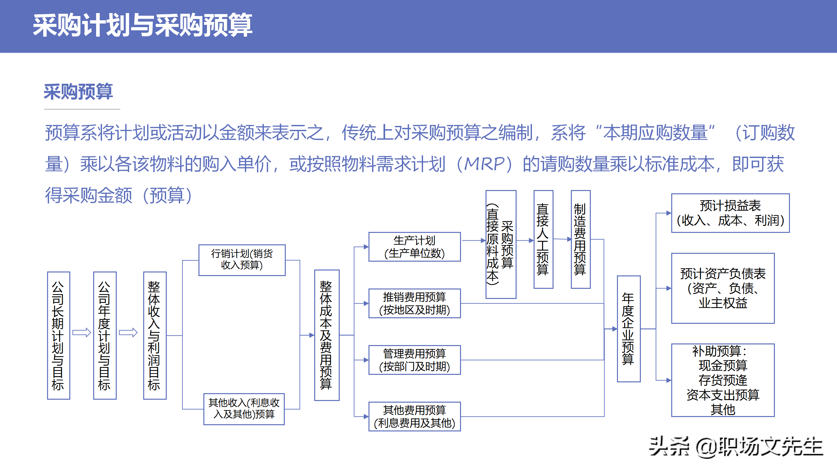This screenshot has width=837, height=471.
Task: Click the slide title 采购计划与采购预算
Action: click(143, 25)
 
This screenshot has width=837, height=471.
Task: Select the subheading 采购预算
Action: click(78, 92)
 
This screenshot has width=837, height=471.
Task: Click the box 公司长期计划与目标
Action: click(59, 335)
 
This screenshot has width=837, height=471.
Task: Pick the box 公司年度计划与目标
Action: click(105, 335)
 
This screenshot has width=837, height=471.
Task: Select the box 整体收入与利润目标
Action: click(155, 335)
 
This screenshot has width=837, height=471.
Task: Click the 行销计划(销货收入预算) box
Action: click(242, 260)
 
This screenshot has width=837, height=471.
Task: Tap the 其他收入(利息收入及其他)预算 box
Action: click(244, 409)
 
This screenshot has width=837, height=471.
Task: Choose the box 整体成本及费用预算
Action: click(327, 335)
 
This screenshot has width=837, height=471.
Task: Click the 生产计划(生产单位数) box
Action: click(415, 247)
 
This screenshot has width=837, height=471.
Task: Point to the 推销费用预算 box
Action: click(415, 303)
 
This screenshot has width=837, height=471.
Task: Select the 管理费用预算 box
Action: click(415, 360)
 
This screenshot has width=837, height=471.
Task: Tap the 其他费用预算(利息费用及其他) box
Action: click(415, 416)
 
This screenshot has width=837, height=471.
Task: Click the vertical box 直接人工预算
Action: click(543, 239)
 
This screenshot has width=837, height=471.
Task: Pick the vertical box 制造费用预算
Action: click(581, 239)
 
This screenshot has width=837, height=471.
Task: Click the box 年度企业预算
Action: click(628, 328)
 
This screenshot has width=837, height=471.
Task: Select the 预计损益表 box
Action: click(730, 213)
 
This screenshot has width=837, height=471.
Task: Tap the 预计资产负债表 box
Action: click(723, 288)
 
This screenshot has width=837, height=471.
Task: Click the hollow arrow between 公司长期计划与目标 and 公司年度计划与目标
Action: click(81, 333)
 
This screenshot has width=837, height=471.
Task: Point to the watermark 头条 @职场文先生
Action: click(736, 447)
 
